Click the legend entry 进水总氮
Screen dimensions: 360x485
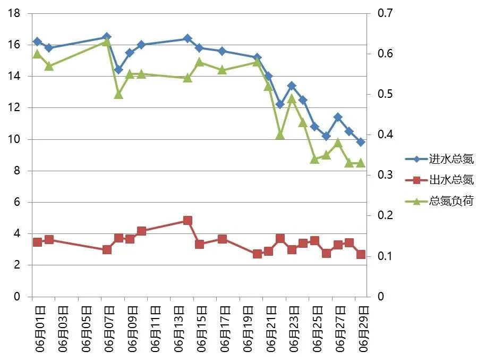[x=451, y=159]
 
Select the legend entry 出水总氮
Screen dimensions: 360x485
[x=451, y=180]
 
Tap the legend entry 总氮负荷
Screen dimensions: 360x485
[x=451, y=201]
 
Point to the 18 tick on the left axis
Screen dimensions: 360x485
[x=14, y=14]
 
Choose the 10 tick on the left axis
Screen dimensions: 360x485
[x=14, y=139]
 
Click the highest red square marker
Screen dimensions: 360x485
[x=188, y=220]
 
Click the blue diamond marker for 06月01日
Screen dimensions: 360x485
[x=37, y=41]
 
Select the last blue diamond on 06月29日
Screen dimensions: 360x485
[x=361, y=142]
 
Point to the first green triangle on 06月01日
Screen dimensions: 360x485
[x=37, y=54]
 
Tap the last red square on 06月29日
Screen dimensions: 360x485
[x=361, y=255]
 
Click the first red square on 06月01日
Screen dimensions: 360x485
[x=37, y=242]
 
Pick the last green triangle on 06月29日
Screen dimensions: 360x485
[x=361, y=163]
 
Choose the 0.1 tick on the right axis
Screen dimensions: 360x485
[x=384, y=256]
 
